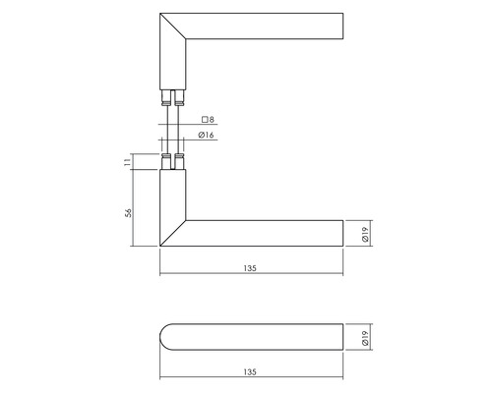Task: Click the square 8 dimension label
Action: coord(206,120)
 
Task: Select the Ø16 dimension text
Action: coord(208,136)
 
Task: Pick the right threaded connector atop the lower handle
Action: coord(179,160)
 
